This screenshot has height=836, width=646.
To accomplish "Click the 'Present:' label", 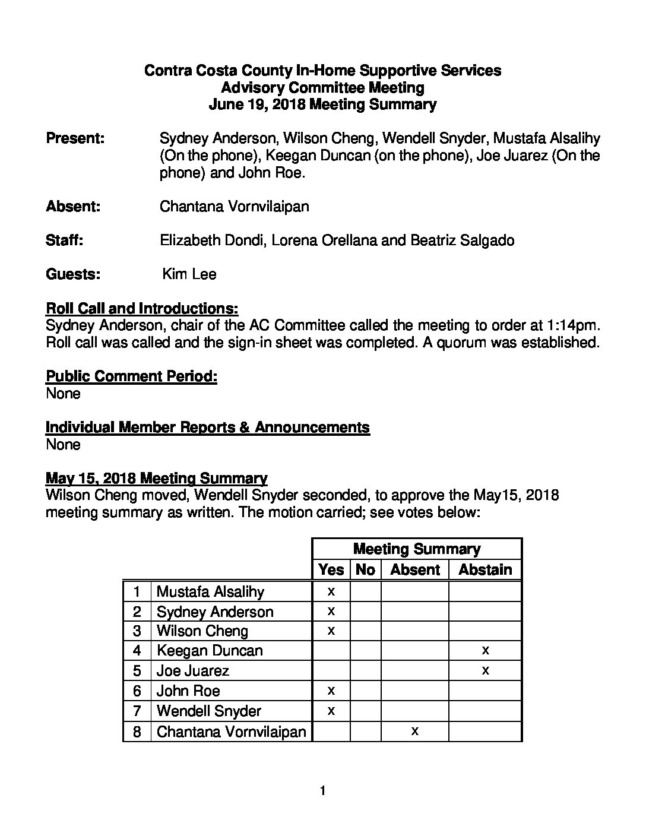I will [x=75, y=139].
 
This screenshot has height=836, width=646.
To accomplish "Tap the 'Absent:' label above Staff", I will [x=73, y=207].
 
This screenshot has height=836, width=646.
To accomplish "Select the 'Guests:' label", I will [x=73, y=274].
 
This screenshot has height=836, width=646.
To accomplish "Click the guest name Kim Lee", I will [x=189, y=274].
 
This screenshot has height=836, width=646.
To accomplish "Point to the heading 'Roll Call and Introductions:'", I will [x=142, y=309].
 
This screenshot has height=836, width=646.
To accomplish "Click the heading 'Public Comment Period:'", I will [x=131, y=376].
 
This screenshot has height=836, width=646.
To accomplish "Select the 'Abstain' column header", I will [x=485, y=570].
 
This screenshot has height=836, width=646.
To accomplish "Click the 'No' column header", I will [x=365, y=570].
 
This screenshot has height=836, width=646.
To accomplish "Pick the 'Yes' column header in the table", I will [x=331, y=570].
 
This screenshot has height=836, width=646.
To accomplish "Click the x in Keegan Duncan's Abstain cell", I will [x=485, y=651].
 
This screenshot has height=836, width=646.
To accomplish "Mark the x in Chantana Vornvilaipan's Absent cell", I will [x=414, y=731].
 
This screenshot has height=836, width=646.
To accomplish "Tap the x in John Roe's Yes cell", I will [x=331, y=691].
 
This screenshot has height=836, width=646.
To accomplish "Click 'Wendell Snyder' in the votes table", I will [x=208, y=711].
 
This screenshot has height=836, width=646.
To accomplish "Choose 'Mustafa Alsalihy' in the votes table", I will [x=210, y=592].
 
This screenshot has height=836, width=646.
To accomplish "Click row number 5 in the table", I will [x=137, y=671].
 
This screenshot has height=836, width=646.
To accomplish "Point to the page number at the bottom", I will [x=322, y=791].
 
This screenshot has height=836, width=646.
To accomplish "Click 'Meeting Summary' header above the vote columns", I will [x=416, y=549].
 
